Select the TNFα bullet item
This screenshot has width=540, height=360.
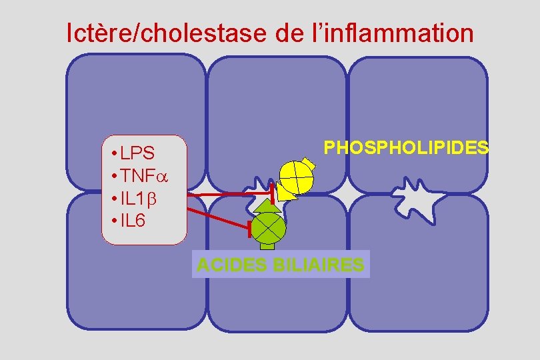[x=141, y=176]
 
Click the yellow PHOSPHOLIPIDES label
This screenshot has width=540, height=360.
[x=405, y=147]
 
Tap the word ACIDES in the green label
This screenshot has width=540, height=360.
[x=231, y=265]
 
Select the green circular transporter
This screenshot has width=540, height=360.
[x=268, y=228]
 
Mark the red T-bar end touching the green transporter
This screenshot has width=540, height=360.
[x=249, y=229]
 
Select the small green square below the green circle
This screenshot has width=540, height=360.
[x=267, y=246]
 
